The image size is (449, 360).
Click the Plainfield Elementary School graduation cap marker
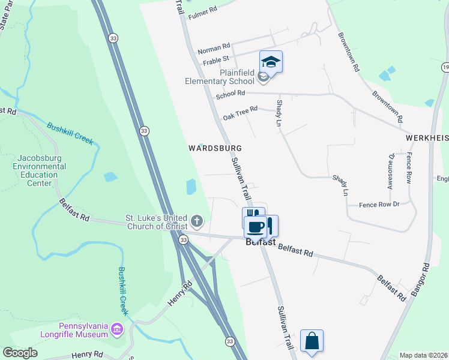271,62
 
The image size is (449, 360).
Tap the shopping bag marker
312,341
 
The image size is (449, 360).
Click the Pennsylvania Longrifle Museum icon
116,329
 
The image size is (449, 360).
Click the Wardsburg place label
214,148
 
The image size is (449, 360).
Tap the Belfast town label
261,242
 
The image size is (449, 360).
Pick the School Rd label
231,94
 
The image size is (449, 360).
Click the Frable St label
215,59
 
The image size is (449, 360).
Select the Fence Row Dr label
379,205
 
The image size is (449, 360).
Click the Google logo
20,353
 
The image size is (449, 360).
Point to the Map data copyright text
424,355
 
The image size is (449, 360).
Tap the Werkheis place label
427,137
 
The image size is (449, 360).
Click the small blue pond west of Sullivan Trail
191,187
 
